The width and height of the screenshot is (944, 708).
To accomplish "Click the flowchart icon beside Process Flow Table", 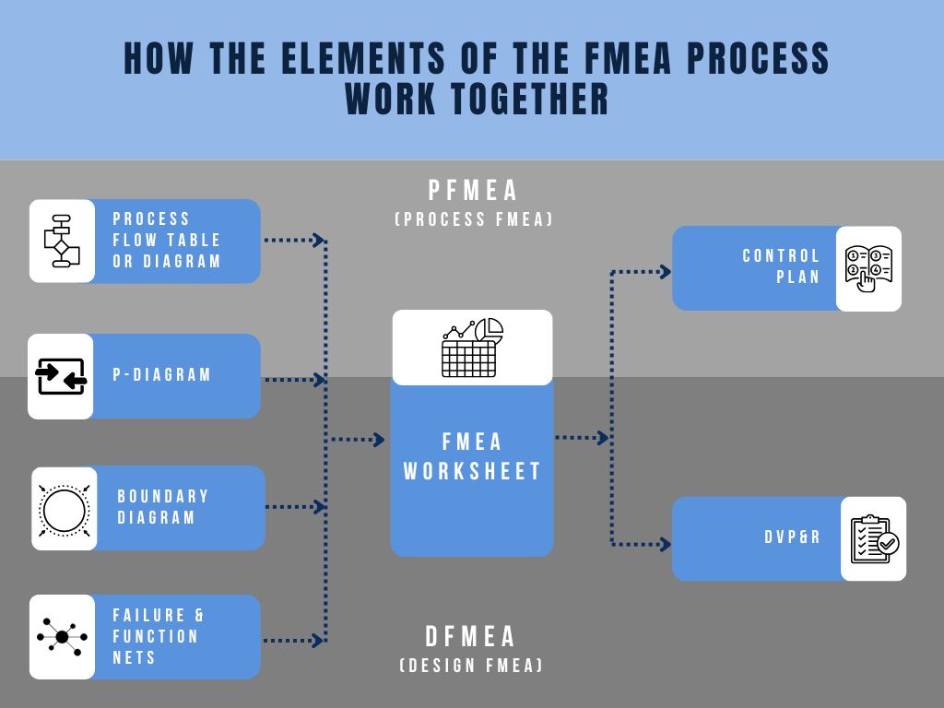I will point(62,241).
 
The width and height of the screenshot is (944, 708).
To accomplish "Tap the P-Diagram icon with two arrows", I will point(61,376).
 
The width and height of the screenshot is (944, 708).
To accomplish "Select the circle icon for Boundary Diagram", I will point(64,508).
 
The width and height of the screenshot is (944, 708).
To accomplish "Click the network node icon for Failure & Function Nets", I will point(62,637).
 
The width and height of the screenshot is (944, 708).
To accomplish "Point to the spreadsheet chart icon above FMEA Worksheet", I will point(472,348).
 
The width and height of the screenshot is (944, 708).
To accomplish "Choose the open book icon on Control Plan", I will point(868,268).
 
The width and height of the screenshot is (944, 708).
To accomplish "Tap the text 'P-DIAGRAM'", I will point(162,375).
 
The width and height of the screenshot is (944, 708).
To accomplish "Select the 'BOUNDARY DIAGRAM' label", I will point(163,507).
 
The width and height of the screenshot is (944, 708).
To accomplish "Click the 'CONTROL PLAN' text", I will point(782,266).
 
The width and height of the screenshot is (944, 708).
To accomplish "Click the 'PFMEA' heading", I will point(473,191).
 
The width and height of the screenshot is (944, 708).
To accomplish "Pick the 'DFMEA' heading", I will point(471,637).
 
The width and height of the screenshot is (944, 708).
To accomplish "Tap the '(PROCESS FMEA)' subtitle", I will point(473,219).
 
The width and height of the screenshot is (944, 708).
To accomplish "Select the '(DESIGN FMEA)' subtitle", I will point(471,666).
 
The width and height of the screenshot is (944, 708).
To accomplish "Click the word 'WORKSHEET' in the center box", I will point(472,471).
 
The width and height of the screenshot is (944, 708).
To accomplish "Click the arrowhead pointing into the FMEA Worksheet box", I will point(378,440).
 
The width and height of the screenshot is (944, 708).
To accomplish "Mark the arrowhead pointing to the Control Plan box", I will point(666,272).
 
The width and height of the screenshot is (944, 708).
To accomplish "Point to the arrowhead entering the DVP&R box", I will point(666,544).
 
